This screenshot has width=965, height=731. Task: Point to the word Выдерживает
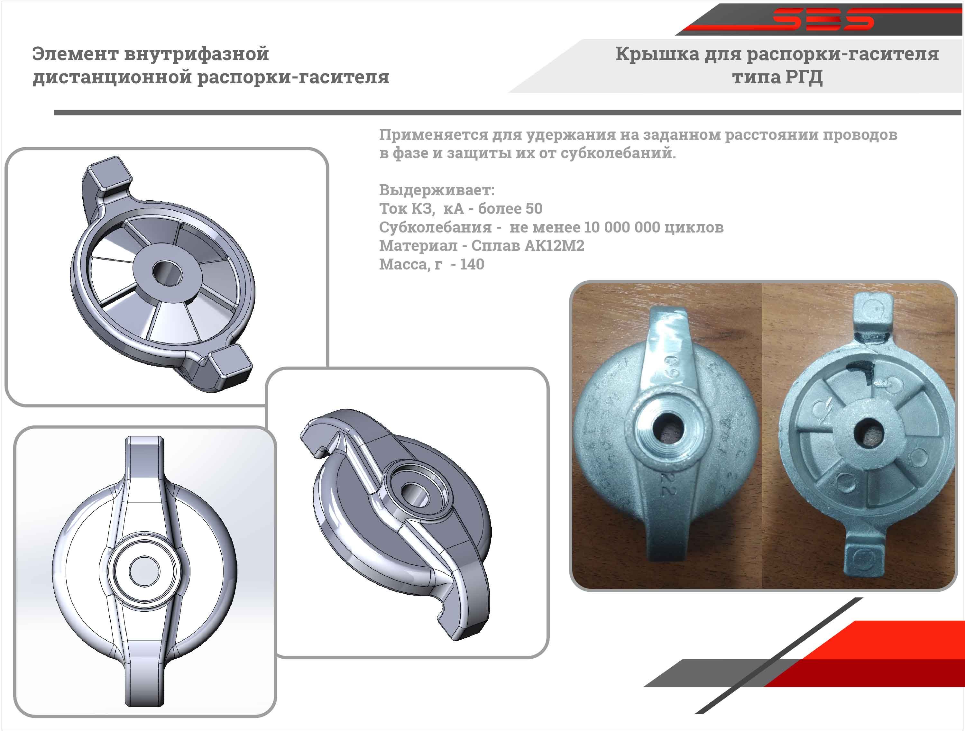click(436, 190)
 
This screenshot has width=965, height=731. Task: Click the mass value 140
click(472, 264)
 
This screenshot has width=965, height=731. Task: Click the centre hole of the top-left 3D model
click(167, 273)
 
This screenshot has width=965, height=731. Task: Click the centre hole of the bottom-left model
click(144, 571)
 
